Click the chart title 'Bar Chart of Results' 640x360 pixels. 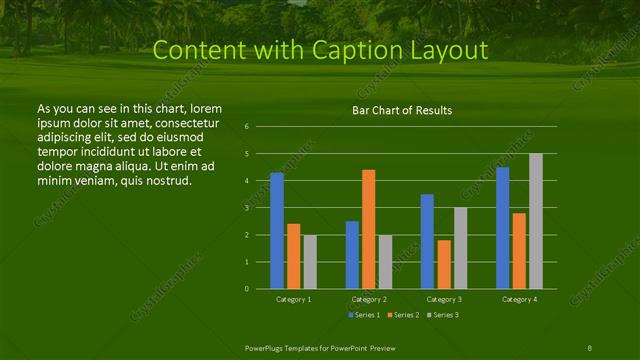[401, 110]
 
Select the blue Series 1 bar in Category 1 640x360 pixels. [277, 231]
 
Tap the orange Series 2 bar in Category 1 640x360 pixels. [293, 256]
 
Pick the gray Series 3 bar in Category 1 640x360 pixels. [309, 262]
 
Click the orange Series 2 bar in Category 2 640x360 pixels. [368, 229]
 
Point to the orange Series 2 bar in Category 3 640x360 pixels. [443, 264]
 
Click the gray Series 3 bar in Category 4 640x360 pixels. [535, 221]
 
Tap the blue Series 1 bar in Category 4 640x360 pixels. [502, 228]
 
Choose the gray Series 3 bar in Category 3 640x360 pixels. [460, 248]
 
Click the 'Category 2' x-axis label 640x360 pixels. [369, 299]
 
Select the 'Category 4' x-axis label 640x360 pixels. [519, 299]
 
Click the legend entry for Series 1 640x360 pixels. [363, 315]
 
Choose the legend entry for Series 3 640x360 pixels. [443, 315]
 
